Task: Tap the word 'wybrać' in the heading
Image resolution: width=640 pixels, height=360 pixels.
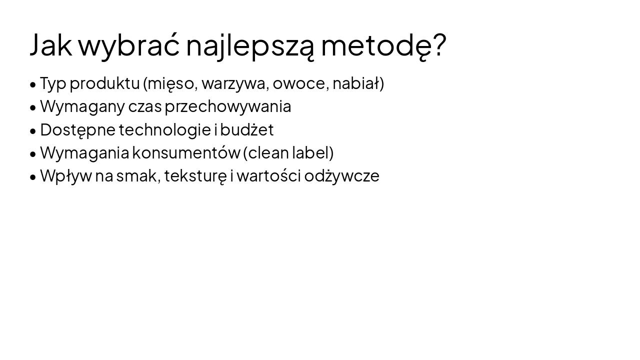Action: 129,44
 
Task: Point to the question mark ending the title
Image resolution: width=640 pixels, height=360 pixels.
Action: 438,44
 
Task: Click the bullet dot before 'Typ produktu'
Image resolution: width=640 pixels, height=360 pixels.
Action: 33,84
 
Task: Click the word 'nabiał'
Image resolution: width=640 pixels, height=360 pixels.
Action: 356,83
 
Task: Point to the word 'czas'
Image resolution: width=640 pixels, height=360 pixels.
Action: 145,106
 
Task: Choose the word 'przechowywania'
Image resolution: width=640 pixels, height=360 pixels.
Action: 228,106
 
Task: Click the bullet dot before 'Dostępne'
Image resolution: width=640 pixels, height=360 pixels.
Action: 33,131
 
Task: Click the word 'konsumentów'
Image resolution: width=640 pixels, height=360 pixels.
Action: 186,152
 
